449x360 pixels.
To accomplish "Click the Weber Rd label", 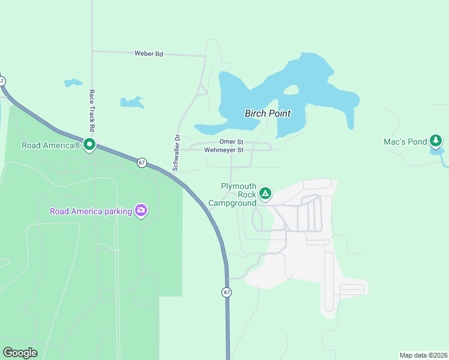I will pyautogui.click(x=148, y=54).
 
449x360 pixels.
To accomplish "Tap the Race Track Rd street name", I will pyautogui.click(x=92, y=110).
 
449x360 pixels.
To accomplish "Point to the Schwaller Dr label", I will pyautogui.click(x=176, y=153).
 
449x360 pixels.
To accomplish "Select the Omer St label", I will pyautogui.click(x=231, y=142).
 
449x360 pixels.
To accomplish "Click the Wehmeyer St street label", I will pyautogui.click(x=224, y=150).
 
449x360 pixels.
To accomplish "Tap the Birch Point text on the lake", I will pyautogui.click(x=268, y=113).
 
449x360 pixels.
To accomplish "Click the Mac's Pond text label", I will pyautogui.click(x=405, y=142).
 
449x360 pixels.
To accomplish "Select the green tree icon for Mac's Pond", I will pyautogui.click(x=436, y=142).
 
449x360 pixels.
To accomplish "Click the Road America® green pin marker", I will pyautogui.click(x=89, y=144).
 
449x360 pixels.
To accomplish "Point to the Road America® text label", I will pyautogui.click(x=51, y=145).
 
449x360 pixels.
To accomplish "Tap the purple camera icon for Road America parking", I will pyautogui.click(x=141, y=211).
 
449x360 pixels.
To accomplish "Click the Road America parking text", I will pyautogui.click(x=91, y=211).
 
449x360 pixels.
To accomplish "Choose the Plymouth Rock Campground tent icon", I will pyautogui.click(x=265, y=194).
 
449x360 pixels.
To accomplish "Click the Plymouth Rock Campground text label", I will pyautogui.click(x=232, y=194).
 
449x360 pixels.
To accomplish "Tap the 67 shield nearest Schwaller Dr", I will pyautogui.click(x=142, y=163).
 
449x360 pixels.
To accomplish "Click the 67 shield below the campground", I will pyautogui.click(x=226, y=292).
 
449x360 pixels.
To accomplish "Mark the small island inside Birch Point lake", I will pyautogui.click(x=291, y=90).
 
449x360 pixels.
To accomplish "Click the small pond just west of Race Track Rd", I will pyautogui.click(x=73, y=82).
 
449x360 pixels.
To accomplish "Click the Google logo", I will pyautogui.click(x=20, y=353).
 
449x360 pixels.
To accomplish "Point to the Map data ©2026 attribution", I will pyautogui.click(x=424, y=355).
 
